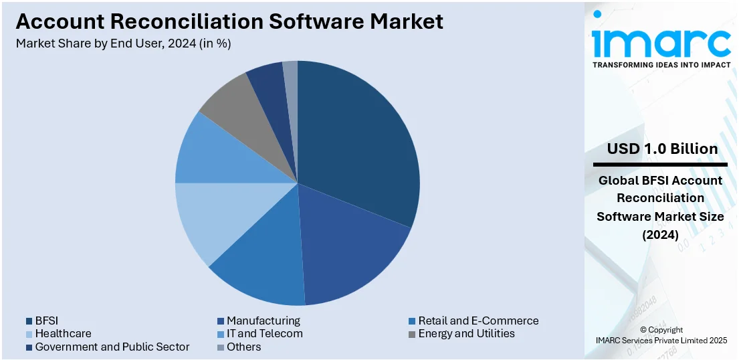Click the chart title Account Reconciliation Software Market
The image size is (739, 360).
click(229, 21)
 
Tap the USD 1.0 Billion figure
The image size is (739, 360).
click(662, 149)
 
